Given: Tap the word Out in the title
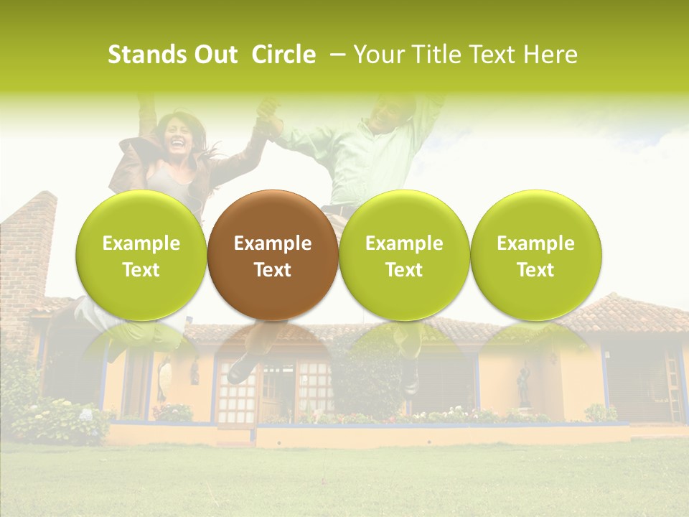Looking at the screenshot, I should coord(215,55).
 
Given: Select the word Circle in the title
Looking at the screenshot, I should coord(283,55).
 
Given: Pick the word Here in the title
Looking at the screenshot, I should coord(551,55).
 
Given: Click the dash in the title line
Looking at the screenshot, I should coord(334,55).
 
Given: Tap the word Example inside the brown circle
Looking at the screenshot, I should coord(272,243).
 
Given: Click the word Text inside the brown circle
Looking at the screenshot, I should coord(272,270).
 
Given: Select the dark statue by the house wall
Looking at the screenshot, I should coord(524,388).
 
